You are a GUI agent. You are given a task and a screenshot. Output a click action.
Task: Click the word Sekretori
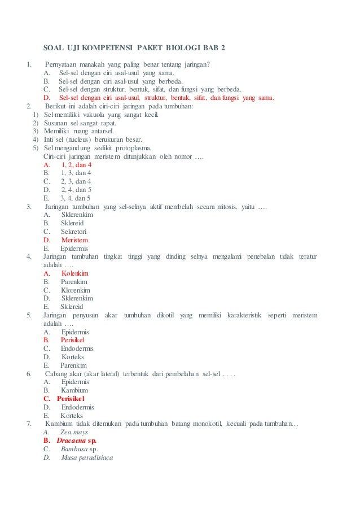point(74,232)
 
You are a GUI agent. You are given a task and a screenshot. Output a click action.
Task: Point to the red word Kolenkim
point(76,273)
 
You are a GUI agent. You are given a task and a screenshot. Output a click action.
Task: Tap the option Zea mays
point(73,431)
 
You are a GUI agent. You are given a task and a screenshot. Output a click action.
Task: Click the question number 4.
point(28,257)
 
